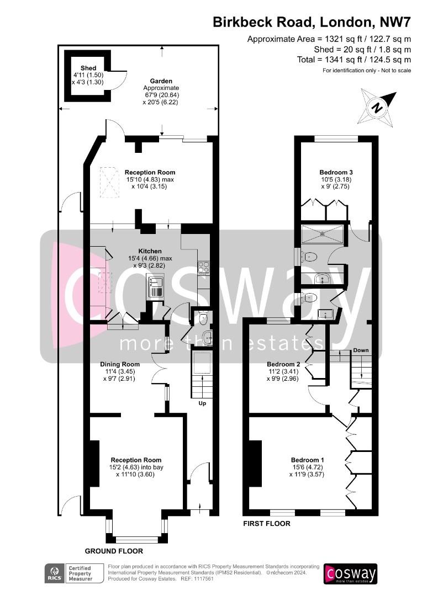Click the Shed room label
tap(88, 68)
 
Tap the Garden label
tap(161, 81)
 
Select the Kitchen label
tap(150, 251)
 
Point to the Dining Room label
tap(119, 364)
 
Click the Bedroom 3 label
tap(336, 172)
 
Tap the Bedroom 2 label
tap(283, 364)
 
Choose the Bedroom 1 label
tap(308, 460)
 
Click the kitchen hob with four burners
tap(203, 268)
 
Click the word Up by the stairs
tap(202, 403)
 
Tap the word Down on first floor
tap(361, 350)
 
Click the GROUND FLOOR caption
tap(114, 551)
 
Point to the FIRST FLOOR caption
tap(267, 523)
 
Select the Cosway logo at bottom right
tap(350, 573)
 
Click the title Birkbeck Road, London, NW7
tap(312, 22)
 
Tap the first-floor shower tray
tap(323, 234)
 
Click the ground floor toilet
tap(203, 318)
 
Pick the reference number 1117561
tap(203, 579)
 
